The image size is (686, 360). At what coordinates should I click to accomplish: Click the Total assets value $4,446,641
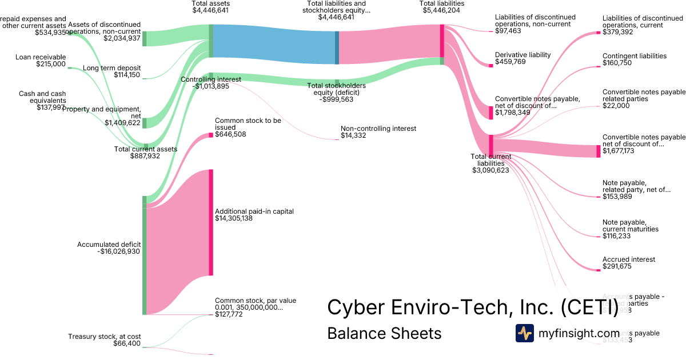(x=211, y=10)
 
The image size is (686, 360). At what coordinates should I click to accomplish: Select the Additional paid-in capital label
(x=254, y=211)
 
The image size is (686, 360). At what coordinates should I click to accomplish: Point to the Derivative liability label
(x=523, y=55)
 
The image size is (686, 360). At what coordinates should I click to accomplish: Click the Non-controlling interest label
(x=378, y=129)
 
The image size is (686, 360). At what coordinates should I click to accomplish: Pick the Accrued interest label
(x=629, y=259)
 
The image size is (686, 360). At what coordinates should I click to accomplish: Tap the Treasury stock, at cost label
(x=104, y=337)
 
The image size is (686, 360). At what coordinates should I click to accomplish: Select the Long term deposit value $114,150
(x=127, y=75)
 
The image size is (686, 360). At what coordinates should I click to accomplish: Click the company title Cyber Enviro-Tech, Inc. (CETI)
(x=473, y=307)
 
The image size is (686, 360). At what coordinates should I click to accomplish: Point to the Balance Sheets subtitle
(x=384, y=333)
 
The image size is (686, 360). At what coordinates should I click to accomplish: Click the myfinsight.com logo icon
(x=524, y=333)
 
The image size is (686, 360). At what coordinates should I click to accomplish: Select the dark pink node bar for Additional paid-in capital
(x=211, y=222)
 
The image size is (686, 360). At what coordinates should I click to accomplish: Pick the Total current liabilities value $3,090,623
(x=490, y=170)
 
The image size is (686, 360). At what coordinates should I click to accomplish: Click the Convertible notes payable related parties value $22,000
(x=616, y=106)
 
